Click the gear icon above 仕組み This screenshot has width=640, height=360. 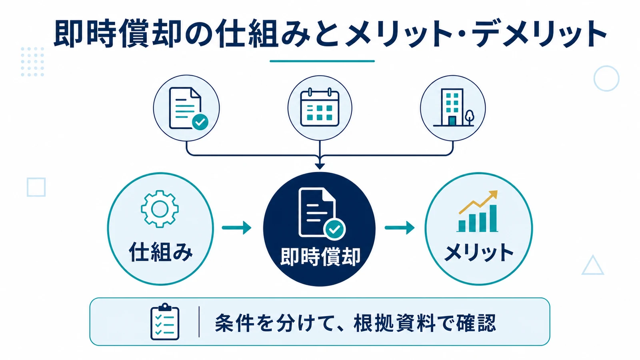[160, 209]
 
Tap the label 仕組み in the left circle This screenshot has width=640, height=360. [160, 252]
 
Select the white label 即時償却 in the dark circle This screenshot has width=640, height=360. [320, 256]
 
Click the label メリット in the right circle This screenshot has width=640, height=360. [479, 252]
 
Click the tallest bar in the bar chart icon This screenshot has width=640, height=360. [494, 218]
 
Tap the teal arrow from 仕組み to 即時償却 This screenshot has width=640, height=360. [236, 228]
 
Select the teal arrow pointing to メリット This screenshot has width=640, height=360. [400, 228]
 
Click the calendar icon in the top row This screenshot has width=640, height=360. [320, 107]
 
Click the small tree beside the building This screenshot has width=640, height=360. [469, 117]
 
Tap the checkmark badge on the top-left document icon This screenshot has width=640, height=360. [200, 122]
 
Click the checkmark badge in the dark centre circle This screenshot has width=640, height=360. [334, 229]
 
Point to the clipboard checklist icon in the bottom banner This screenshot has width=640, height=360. [165, 322]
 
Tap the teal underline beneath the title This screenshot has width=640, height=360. [322, 61]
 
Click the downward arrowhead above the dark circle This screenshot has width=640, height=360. [320, 166]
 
